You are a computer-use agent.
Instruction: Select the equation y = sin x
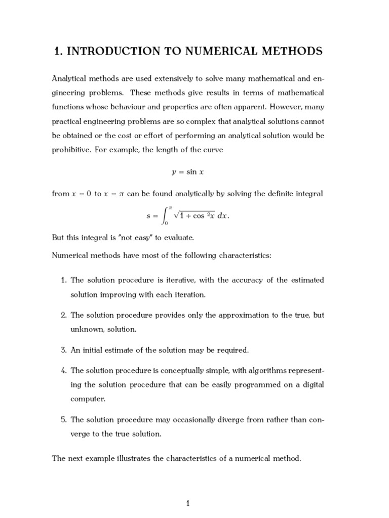click(x=188, y=172)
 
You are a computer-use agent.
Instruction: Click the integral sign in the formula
click(x=164, y=215)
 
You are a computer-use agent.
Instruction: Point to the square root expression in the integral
click(x=194, y=215)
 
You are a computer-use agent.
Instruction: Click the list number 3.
click(x=64, y=350)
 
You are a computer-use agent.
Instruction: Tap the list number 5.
click(x=64, y=420)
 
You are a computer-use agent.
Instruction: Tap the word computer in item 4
click(x=88, y=399)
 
